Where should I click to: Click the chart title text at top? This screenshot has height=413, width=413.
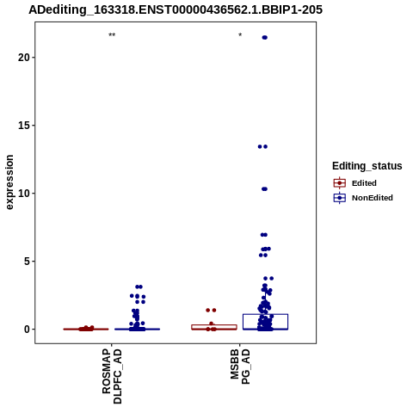pyautogui.click(x=176, y=9)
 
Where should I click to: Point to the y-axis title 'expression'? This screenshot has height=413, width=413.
pyautogui.click(x=9, y=182)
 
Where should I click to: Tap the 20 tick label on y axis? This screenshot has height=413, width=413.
pyautogui.click(x=24, y=58)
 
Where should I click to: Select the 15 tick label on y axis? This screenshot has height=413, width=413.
pyautogui.click(x=24, y=126)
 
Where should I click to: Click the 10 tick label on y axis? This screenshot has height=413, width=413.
pyautogui.click(x=24, y=194)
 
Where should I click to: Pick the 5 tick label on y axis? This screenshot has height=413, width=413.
pyautogui.click(x=27, y=262)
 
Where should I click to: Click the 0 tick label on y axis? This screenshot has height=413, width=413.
pyautogui.click(x=27, y=330)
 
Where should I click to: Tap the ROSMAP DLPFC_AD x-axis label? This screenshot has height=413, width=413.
pyautogui.click(x=112, y=376)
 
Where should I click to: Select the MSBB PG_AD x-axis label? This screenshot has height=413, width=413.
pyautogui.click(x=240, y=367)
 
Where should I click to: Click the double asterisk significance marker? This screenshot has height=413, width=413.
pyautogui.click(x=112, y=35)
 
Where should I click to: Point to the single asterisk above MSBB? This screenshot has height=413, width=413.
pyautogui.click(x=240, y=35)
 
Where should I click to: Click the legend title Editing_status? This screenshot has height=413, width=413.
pyautogui.click(x=367, y=166)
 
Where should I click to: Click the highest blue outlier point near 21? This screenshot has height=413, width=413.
pyautogui.click(x=264, y=38)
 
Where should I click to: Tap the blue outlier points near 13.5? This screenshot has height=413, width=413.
pyautogui.click(x=262, y=147)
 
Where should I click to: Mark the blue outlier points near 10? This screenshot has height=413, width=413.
pyautogui.click(x=264, y=189)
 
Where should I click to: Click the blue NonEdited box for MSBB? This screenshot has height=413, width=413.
pyautogui.click(x=265, y=314)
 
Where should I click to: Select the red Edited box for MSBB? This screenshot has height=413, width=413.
pyautogui.click(x=214, y=325)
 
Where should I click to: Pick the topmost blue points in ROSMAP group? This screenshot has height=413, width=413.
pyautogui.click(x=139, y=287)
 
